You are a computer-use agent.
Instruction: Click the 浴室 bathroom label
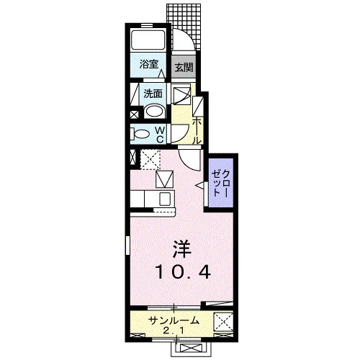click(x=149, y=64)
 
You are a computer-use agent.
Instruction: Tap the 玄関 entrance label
click(x=184, y=68)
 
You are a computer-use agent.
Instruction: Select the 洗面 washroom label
click(x=153, y=94)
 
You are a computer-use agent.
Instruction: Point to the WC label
click(x=160, y=135)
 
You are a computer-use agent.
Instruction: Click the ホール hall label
click(x=197, y=130)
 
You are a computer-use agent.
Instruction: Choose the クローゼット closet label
click(x=221, y=183)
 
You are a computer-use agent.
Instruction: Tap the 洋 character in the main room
click(x=182, y=249)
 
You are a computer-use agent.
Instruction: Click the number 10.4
click(x=184, y=271)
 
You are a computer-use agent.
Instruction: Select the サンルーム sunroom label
click(x=174, y=320)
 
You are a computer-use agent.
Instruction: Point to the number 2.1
click(x=174, y=331)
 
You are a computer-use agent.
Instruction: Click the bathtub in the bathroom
click(x=148, y=40)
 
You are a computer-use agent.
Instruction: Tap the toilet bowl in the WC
click(x=140, y=134)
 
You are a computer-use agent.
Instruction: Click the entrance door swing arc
click(x=188, y=36)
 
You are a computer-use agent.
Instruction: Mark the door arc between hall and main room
click(x=186, y=163)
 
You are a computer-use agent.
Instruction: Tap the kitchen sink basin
click(x=165, y=199)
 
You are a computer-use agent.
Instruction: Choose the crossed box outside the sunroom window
click(x=191, y=348)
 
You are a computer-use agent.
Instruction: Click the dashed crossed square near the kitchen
click(x=150, y=159)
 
